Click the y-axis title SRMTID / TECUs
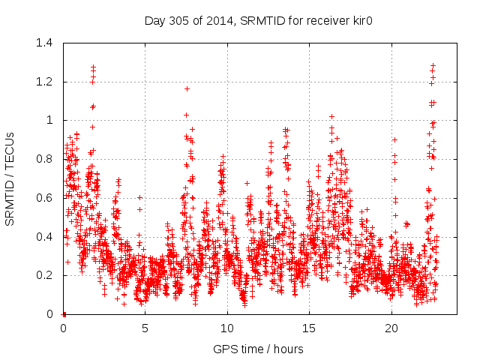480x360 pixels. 10,178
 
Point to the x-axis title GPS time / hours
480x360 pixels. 258,349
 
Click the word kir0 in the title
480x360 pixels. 362,20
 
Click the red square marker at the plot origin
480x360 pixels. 64,314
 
